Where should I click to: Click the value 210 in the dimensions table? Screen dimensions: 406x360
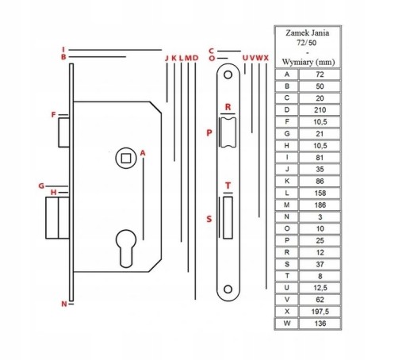tap(320, 110)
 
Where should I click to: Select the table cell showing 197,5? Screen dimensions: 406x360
tap(320, 312)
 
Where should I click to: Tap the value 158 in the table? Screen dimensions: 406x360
tap(320, 193)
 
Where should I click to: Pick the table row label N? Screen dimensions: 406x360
tap(287, 216)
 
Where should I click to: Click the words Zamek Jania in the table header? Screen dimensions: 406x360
tap(308, 33)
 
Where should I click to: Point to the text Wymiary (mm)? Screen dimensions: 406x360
tap(308, 63)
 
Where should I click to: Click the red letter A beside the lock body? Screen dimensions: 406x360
tap(143, 153)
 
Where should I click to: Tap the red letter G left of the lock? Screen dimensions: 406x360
tap(41, 186)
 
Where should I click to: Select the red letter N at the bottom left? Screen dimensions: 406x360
tap(64, 304)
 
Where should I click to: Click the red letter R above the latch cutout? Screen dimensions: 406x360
tap(228, 107)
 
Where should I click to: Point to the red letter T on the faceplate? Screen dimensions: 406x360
tap(228, 186)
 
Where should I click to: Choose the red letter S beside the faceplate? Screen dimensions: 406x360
tap(209, 219)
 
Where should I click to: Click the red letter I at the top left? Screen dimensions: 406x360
tap(63, 49)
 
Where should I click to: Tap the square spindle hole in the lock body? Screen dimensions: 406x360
tap(126, 158)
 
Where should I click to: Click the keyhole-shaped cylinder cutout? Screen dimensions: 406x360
tap(126, 248)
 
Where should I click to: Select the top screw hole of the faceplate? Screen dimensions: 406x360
tap(228, 75)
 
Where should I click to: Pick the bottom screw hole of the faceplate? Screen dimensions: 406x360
tap(228, 289)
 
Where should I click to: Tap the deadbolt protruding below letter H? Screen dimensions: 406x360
tap(58, 218)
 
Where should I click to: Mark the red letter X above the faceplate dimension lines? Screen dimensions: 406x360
tap(266, 58)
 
